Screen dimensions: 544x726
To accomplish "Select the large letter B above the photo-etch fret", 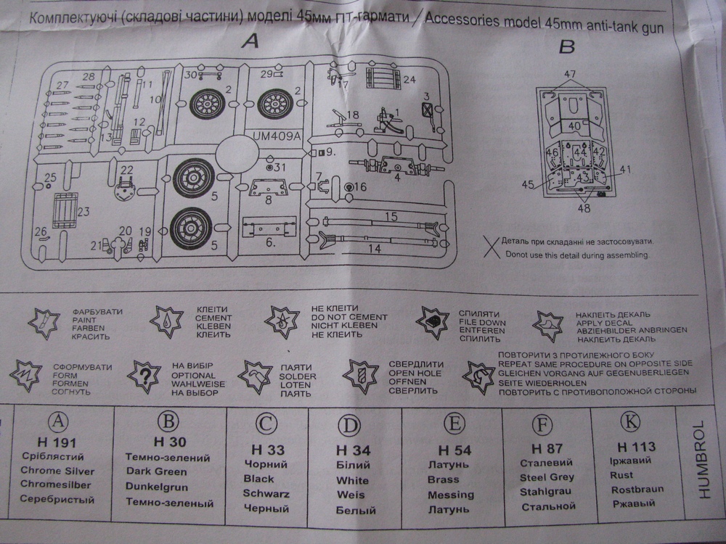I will (567, 48).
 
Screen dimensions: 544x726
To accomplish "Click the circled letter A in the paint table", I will (57, 423).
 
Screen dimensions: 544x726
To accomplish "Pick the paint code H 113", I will (636, 446).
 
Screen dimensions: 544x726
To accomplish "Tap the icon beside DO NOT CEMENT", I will (280, 320).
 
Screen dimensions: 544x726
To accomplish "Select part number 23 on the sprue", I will (83, 212).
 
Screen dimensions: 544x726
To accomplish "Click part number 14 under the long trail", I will (375, 248).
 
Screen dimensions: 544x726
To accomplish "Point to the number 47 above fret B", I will (569, 74).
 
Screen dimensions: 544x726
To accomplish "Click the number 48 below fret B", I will (584, 208).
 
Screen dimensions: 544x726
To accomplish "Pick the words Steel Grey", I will (547, 477).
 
